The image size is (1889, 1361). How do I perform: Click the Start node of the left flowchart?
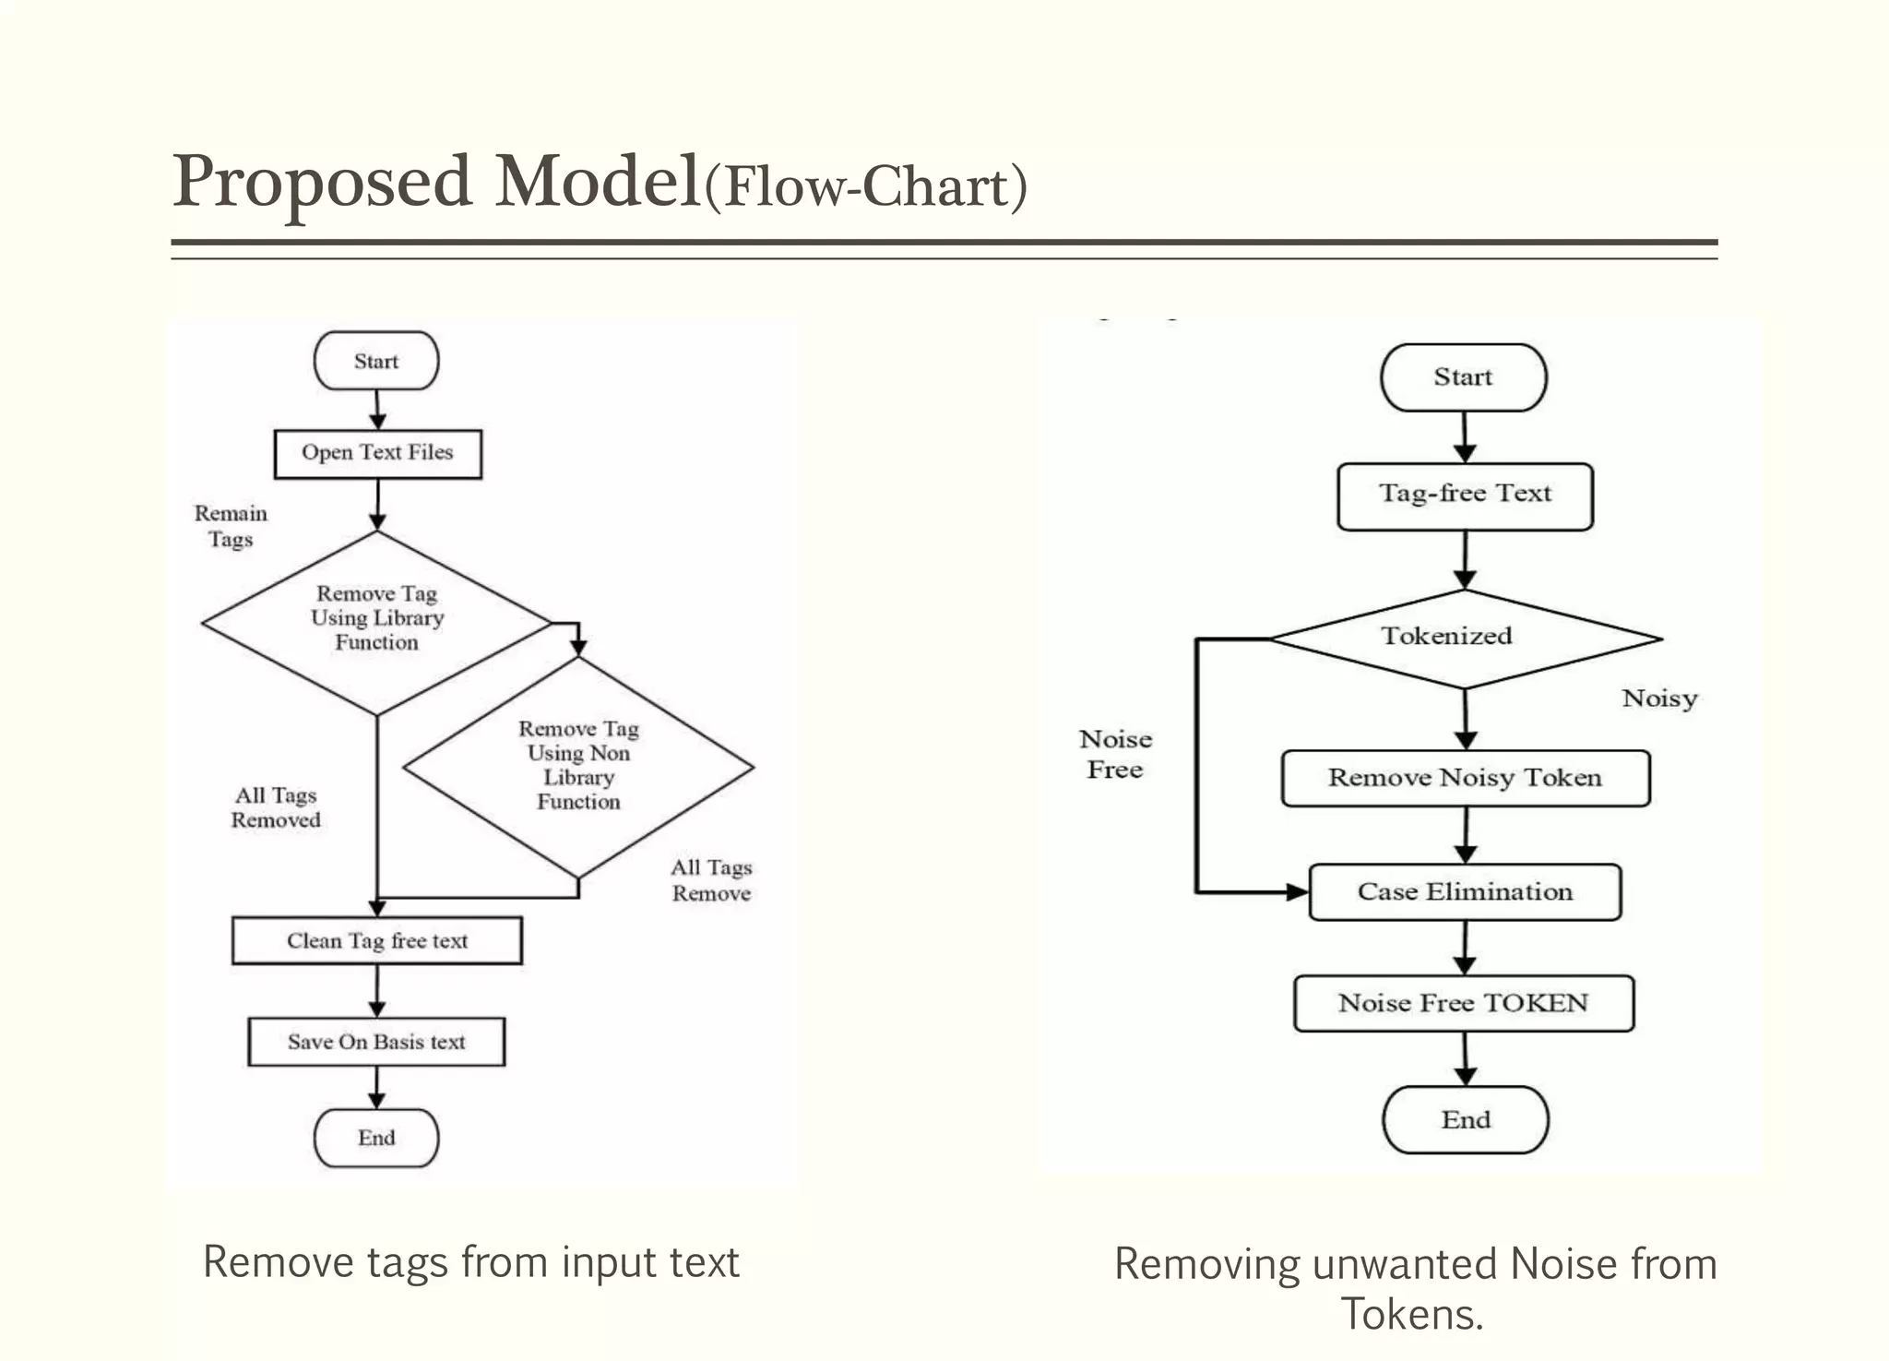(x=376, y=361)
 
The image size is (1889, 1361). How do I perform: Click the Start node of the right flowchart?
(x=1463, y=377)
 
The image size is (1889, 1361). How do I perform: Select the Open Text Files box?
(x=377, y=453)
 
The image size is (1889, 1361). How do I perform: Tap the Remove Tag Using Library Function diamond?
(x=376, y=619)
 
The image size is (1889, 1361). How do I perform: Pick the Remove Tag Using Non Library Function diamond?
(x=578, y=766)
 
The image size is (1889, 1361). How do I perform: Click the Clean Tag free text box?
(x=376, y=940)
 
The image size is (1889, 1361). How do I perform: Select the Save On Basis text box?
(x=376, y=1042)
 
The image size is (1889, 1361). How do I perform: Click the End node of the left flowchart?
(x=376, y=1138)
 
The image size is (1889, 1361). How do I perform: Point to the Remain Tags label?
(x=231, y=526)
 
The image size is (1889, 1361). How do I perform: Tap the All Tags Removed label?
(x=276, y=807)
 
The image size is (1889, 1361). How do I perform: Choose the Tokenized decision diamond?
(x=1465, y=638)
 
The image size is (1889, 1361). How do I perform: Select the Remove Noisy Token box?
(x=1465, y=778)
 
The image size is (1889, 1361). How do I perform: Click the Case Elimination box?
(x=1465, y=891)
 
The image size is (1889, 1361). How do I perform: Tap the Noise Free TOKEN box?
(x=1464, y=1003)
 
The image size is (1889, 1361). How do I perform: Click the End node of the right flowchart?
(x=1466, y=1119)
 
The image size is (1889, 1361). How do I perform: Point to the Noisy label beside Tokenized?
(x=1659, y=698)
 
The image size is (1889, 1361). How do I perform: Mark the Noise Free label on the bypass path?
(x=1115, y=754)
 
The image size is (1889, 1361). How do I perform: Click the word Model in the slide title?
(x=598, y=182)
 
